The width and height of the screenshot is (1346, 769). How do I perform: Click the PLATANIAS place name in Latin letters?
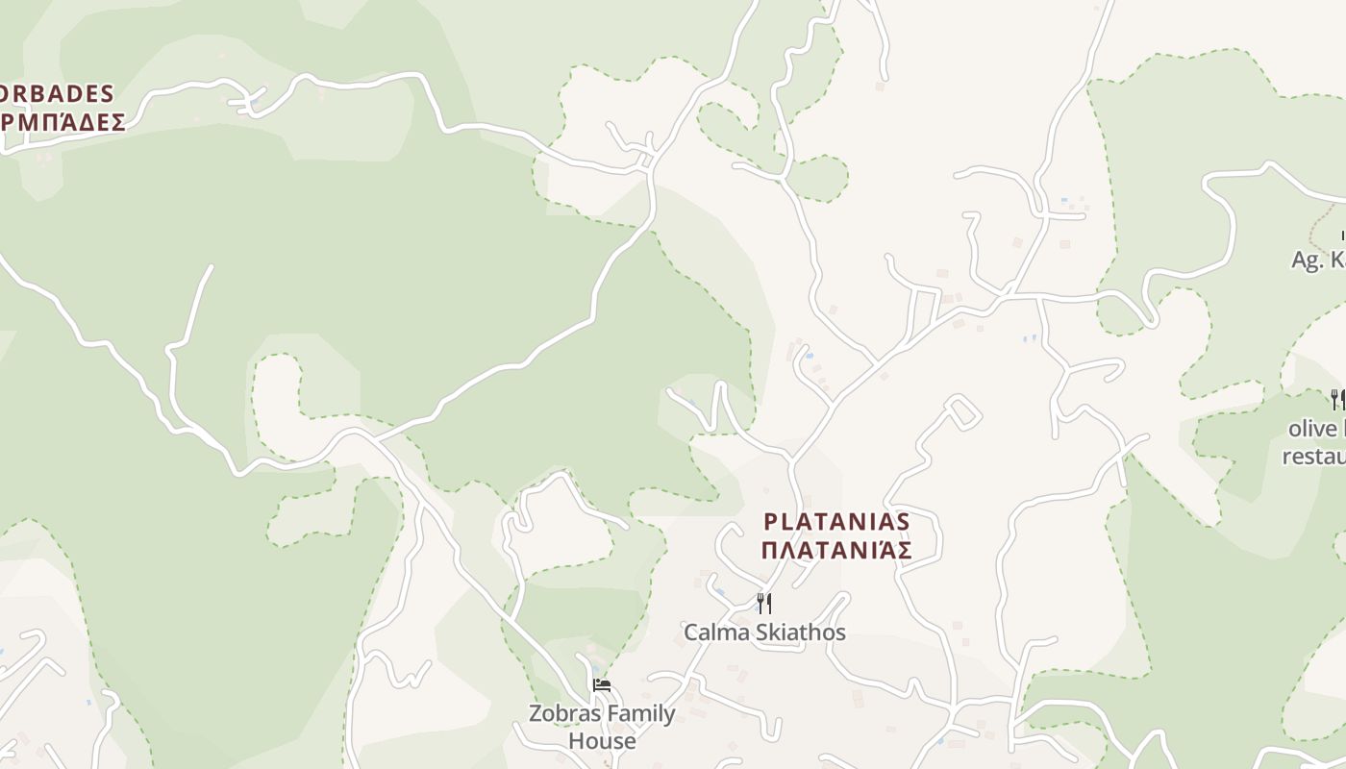click(x=836, y=521)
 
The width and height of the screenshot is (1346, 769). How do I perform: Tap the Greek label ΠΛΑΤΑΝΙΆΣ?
click(x=836, y=551)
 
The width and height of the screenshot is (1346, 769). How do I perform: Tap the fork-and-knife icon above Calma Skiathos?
click(x=764, y=604)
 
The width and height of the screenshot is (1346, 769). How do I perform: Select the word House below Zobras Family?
click(x=602, y=741)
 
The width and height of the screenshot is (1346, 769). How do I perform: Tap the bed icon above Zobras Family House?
click(x=602, y=685)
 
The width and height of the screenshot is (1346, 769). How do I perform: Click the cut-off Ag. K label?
click(x=1318, y=260)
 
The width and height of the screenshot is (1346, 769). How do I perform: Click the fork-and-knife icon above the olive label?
click(x=1336, y=400)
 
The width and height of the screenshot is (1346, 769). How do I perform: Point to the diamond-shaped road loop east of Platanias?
click(x=962, y=411)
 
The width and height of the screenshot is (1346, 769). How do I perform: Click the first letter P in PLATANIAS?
click(x=770, y=521)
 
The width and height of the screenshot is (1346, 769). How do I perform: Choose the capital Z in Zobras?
click(x=536, y=713)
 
